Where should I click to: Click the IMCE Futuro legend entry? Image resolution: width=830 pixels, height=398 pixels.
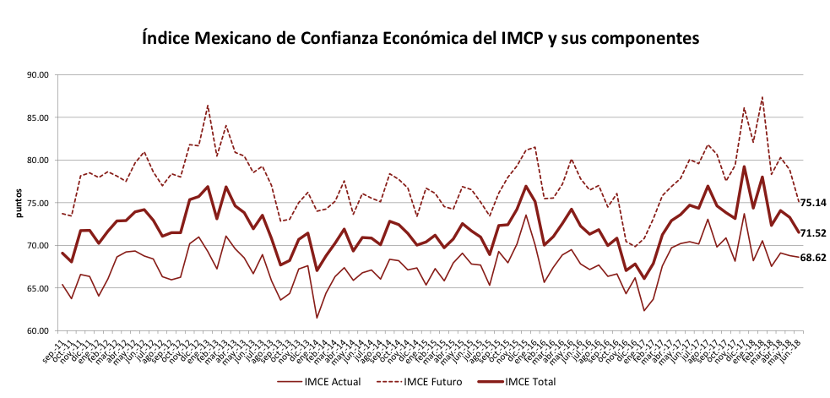coord(433,382)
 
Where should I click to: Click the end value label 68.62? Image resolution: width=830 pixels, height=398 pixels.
coord(814,257)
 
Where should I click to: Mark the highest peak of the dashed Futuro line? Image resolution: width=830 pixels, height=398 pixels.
coord(763,97)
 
